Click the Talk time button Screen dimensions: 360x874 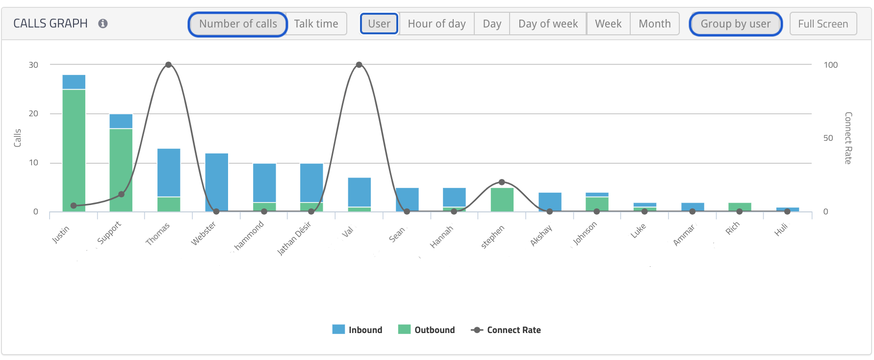pos(316,24)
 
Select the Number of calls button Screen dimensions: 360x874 pos(238,24)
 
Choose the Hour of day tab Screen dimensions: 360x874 pos(437,24)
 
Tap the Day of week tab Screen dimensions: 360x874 pos(548,24)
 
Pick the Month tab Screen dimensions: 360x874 pos(654,24)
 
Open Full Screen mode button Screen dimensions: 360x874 pos(823,24)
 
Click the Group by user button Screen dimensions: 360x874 pos(735,24)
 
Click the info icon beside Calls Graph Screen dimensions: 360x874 pos(103,24)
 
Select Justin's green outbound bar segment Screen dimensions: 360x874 pos(74,147)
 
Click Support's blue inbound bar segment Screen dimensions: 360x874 pos(121,121)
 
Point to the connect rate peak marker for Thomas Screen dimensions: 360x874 pos(168,65)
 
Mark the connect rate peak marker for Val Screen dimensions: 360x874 pos(359,65)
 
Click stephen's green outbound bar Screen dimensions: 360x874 pos(502,200)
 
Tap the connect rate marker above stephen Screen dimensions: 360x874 pos(502,182)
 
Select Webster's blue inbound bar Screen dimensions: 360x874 pos(217,181)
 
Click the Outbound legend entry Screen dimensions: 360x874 pos(427,330)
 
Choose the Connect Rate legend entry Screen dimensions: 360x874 pos(506,330)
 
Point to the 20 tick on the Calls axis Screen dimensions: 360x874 pos(33,114)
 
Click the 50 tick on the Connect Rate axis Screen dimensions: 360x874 pos(828,138)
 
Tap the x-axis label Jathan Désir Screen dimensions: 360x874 pos(294,238)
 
